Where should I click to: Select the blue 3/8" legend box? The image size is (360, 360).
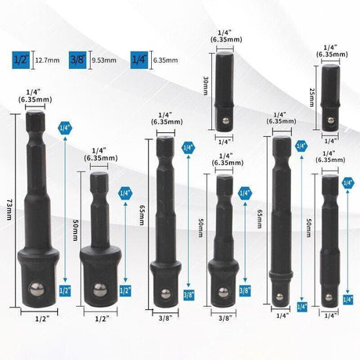pyautogui.click(x=77, y=57)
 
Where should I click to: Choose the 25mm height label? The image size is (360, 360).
pyautogui.click(x=312, y=96)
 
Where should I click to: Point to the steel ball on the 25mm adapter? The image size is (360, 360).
pyautogui.click(x=328, y=124)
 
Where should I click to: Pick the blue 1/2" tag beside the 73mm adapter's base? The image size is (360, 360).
pyautogui.click(x=65, y=290)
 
